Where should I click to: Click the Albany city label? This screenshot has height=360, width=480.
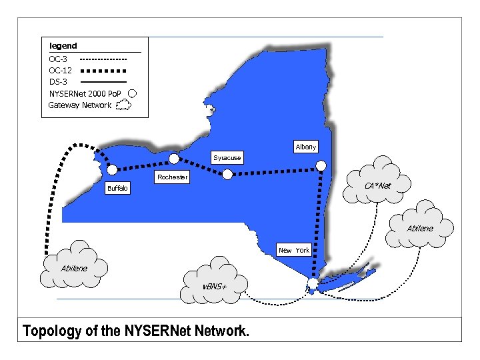pos(305,147)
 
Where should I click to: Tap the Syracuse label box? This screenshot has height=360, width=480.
pos(227,158)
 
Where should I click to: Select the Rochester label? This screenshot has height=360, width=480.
pos(172,177)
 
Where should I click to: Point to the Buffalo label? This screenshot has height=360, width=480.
pos(118,189)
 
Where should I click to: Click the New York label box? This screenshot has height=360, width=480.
pos(294,250)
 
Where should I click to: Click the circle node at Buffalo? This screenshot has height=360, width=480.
pos(111,169)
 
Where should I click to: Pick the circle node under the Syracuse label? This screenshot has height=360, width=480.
pos(227,174)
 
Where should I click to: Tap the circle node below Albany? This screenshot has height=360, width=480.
pos(321,165)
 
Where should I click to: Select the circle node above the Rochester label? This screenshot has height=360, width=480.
pos(174,159)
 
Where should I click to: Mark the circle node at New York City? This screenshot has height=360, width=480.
pos(313,285)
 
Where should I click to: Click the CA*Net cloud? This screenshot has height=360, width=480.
pos(377,181)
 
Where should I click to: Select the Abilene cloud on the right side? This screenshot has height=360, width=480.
pos(420,227)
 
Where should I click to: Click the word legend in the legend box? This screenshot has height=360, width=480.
pos(63,46)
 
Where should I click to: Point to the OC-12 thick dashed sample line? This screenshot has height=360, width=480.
pos(103,70)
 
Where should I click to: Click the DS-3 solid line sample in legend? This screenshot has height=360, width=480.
pos(103,81)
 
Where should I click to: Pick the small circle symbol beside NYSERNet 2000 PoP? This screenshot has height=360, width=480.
pos(132,93)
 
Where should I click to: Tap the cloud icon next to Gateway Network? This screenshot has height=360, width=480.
pos(123,105)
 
